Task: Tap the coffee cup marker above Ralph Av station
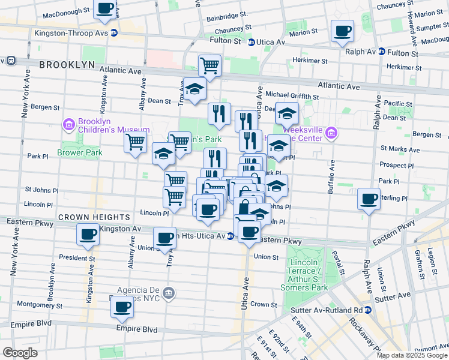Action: coord(342,31)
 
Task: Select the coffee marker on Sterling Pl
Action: coord(369,199)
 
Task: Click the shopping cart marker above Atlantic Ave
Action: coord(209,65)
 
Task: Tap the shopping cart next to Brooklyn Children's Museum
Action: coord(135,143)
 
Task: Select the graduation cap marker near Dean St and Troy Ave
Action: coord(194,90)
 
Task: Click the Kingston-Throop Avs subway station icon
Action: coord(113,33)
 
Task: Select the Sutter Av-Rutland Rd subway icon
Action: coord(369,310)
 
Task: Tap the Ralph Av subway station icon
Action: coord(381,52)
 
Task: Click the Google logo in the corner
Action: coord(20,352)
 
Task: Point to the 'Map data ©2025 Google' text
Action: coord(412,355)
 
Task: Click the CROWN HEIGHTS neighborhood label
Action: coord(94,217)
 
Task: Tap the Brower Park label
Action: coord(80,152)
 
